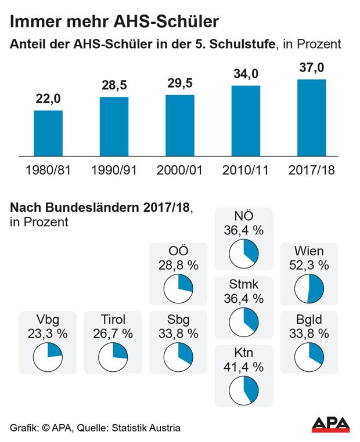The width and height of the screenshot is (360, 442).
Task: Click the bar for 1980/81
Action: [48, 133]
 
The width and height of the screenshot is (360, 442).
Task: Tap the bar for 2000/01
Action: [179, 125]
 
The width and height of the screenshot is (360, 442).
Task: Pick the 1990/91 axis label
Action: [114, 171]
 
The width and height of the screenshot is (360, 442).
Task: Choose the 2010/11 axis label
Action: [246, 171]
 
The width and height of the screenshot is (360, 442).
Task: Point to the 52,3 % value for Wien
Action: [309, 266]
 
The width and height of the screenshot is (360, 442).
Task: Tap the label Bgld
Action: [309, 319]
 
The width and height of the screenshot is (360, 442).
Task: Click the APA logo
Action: [330, 424]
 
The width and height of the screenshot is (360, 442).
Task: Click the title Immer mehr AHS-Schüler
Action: [114, 22]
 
